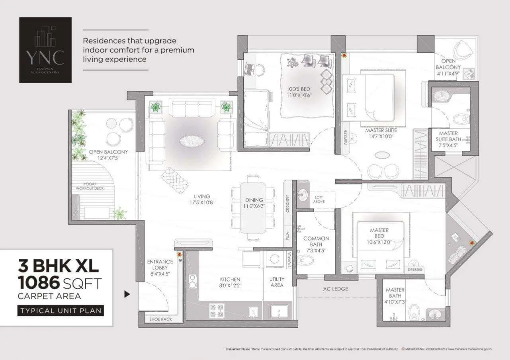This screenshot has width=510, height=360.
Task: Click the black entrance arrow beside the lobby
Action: (127, 295)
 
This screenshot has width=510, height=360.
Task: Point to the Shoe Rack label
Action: (160, 319)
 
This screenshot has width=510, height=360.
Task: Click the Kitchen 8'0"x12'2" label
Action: (230, 282)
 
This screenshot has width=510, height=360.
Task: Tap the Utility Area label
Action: (277, 282)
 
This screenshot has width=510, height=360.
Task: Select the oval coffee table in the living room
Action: (191, 141)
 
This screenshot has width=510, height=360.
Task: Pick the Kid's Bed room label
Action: (299, 92)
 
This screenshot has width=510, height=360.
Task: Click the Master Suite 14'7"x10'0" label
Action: (381, 133)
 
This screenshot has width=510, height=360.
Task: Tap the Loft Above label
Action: (319, 199)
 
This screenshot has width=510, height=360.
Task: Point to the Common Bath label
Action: (316, 241)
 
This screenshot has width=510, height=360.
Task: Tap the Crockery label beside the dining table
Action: (287, 203)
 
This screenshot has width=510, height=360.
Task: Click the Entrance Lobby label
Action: (160, 268)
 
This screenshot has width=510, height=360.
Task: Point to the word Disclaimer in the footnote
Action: (233, 349)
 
